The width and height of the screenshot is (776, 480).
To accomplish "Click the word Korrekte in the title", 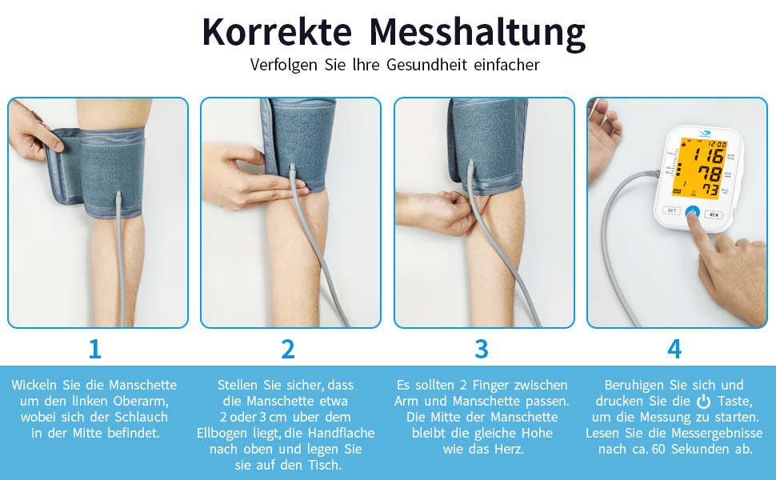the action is tap(277, 33).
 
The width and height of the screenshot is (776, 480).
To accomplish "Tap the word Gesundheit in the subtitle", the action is tap(426, 65).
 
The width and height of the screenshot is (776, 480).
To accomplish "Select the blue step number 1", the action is tap(95, 350).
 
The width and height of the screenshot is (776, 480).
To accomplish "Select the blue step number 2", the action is tap(288, 350).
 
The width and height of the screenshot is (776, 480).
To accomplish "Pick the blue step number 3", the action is tap(482, 350).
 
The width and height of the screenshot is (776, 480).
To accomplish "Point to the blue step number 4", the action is tap(674, 350).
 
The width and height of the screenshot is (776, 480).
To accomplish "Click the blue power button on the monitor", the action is tap(692, 212).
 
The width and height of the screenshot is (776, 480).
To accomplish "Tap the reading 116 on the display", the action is tap(710, 156).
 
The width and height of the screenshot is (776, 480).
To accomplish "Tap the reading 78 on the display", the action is tap(710, 174).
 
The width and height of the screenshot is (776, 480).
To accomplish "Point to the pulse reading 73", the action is tap(710, 190).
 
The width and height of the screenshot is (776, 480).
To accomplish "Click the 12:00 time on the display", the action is tap(717, 144).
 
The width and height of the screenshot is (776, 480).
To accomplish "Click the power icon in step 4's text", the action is tap(703, 402).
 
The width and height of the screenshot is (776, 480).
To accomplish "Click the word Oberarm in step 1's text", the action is tap(141, 401).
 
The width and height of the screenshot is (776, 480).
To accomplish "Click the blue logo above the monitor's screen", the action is tap(706, 133).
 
